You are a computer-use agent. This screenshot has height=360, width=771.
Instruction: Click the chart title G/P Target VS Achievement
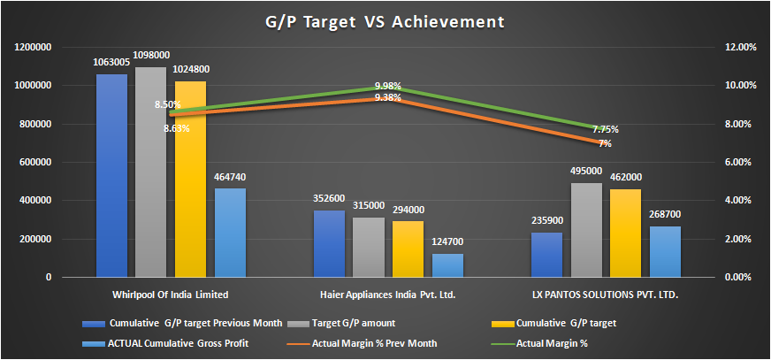pyautogui.click(x=385, y=20)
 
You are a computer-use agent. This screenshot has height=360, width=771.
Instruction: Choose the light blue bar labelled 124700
pyautogui.click(x=447, y=265)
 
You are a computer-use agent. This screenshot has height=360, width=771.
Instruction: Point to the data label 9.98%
pyautogui.click(x=388, y=86)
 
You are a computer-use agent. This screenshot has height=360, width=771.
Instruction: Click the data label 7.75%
pyautogui.click(x=606, y=130)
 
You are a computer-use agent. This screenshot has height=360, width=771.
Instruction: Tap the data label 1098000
pyautogui.click(x=150, y=55)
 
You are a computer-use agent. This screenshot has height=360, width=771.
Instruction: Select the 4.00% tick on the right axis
pyautogui.click(x=738, y=201)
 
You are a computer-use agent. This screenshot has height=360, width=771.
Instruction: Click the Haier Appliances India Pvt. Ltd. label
pyautogui.click(x=387, y=293)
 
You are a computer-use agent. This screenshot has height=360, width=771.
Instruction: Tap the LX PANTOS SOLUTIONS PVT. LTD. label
pyautogui.click(x=605, y=293)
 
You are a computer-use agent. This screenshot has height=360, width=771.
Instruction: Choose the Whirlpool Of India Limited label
pyautogui.click(x=171, y=293)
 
